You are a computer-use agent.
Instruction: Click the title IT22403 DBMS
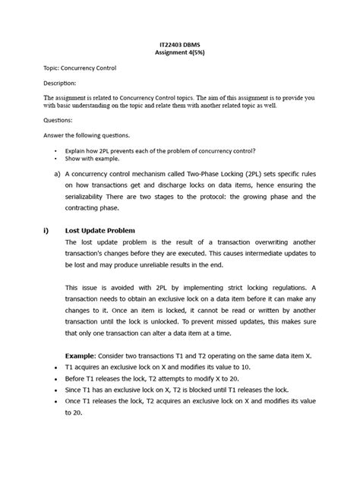coord(179,45)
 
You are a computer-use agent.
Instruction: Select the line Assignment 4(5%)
coord(179,54)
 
